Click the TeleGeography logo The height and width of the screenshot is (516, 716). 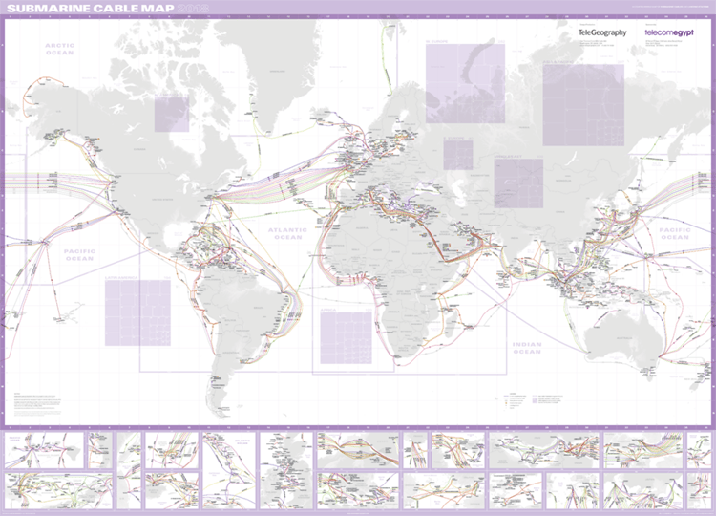[x=602, y=32]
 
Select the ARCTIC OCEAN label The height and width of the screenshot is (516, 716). [x=59, y=50]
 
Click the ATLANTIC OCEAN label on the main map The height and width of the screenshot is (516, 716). [x=287, y=232]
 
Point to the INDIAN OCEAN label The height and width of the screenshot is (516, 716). [x=525, y=348]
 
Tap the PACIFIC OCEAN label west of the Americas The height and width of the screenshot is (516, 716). [x=79, y=254]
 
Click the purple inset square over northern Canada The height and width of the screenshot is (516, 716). [x=172, y=114]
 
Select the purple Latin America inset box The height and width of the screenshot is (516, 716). [x=137, y=312]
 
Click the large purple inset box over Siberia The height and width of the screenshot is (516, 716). [x=582, y=105]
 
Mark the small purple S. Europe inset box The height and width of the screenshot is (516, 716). [x=457, y=155]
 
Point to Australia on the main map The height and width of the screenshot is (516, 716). [x=621, y=335]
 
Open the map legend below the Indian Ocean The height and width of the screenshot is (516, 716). [x=535, y=401]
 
